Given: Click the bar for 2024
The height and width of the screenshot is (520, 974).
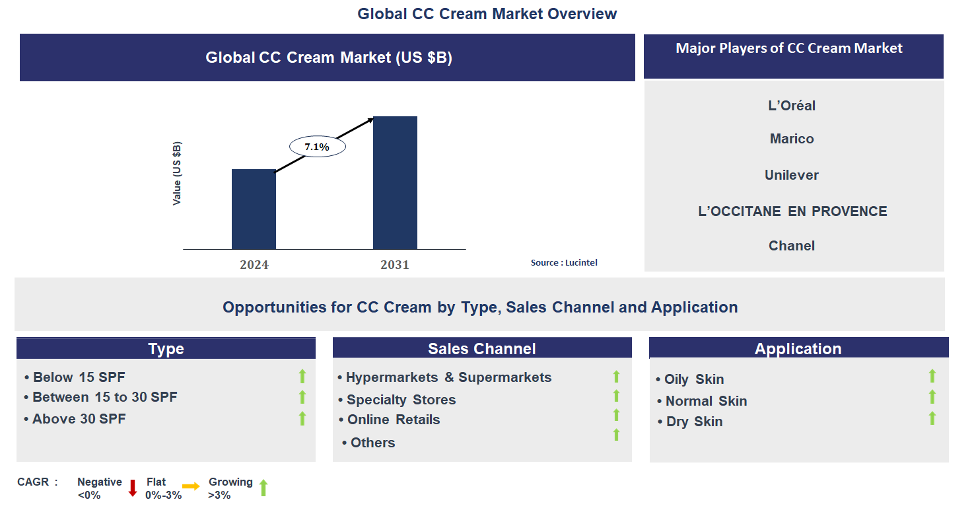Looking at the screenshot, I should click(x=254, y=209).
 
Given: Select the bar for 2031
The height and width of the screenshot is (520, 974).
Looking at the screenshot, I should click(x=395, y=183).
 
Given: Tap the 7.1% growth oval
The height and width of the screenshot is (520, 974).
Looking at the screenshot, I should click(x=317, y=147).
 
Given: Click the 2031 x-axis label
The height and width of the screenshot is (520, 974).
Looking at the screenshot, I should click(x=395, y=265).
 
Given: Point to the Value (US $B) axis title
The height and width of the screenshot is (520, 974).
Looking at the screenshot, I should click(x=177, y=174).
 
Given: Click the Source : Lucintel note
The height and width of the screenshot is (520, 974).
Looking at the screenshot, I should click(x=564, y=263).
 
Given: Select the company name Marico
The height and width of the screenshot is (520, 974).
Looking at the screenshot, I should click(x=792, y=139).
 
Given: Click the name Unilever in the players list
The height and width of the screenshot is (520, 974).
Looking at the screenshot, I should click(x=792, y=175).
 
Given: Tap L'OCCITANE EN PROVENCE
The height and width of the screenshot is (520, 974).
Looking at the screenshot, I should click(x=792, y=211).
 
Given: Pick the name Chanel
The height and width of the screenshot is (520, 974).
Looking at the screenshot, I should click(x=792, y=246).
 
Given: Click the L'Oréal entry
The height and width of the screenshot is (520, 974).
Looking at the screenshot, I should click(x=792, y=106).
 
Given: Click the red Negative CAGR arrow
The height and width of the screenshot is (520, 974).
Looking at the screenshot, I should click(x=132, y=488).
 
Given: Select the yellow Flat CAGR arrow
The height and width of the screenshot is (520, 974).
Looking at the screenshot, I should click(x=191, y=486).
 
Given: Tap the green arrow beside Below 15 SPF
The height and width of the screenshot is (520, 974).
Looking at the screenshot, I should click(x=302, y=377).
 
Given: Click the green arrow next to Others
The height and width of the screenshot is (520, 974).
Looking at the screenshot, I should click(x=616, y=435).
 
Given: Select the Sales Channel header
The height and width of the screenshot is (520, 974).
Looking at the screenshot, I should click(x=482, y=349).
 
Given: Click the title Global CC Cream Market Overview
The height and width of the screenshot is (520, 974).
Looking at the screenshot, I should click(x=487, y=14).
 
